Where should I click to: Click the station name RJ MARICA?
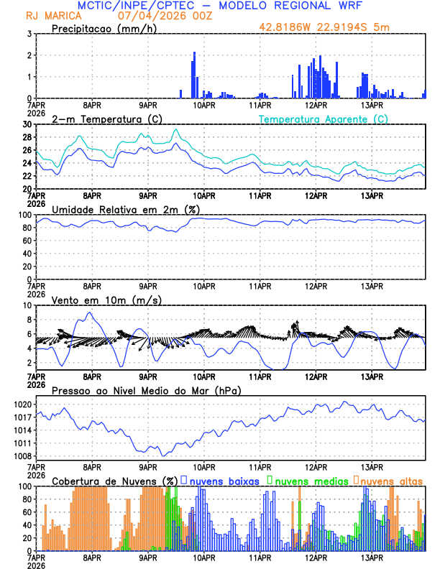click(x=52, y=16)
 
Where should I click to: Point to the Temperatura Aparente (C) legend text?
click(x=324, y=119)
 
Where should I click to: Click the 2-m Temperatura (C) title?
click(x=102, y=119)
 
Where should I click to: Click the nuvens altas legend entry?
click(x=391, y=481)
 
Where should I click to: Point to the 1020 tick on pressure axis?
click(x=22, y=404)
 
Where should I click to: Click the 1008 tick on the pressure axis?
click(x=22, y=456)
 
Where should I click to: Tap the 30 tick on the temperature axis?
click(x=26, y=124)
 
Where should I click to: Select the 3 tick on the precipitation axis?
click(x=28, y=34)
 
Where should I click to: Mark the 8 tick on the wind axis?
click(x=28, y=320)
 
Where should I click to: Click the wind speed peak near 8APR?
click(x=88, y=313)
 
